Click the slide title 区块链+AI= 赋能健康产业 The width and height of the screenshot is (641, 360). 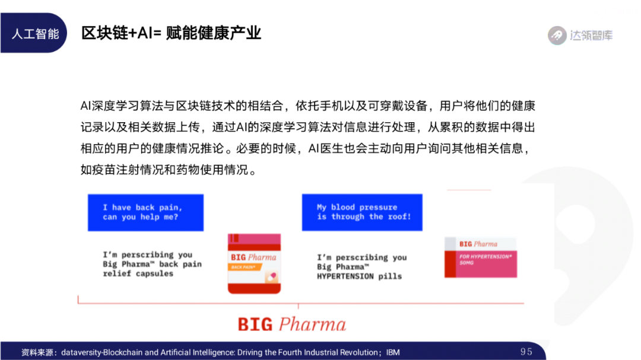[x=172, y=33]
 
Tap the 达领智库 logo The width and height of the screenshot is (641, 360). [x=580, y=35]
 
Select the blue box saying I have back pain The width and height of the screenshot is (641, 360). [x=145, y=212]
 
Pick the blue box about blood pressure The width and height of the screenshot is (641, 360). [x=362, y=212]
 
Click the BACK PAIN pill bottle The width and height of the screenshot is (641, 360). [x=254, y=263]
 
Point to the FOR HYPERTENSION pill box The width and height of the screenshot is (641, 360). [x=481, y=257]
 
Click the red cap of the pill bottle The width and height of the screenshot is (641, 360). [x=254, y=241]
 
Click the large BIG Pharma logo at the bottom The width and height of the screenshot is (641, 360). [x=291, y=324]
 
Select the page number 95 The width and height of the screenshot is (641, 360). [x=526, y=352]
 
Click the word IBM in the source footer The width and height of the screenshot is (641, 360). [x=393, y=352]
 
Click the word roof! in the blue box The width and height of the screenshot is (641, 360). [x=399, y=216]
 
